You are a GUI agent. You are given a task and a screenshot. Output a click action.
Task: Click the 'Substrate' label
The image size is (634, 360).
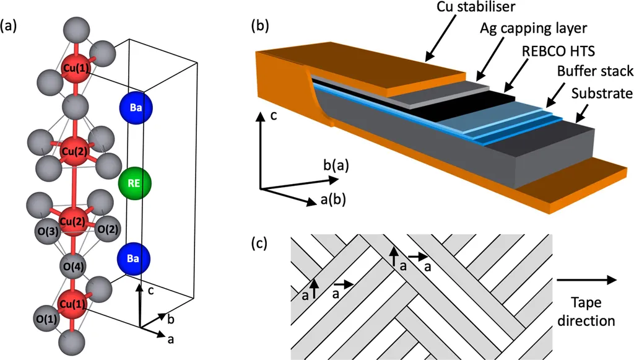click(602, 94)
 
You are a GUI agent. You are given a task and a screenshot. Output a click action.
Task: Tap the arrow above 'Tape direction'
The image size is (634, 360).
click(586, 280)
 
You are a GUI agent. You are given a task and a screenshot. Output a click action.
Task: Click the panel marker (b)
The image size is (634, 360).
click(259, 26)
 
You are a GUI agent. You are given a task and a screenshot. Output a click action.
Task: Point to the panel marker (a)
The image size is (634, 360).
click(10, 26)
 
